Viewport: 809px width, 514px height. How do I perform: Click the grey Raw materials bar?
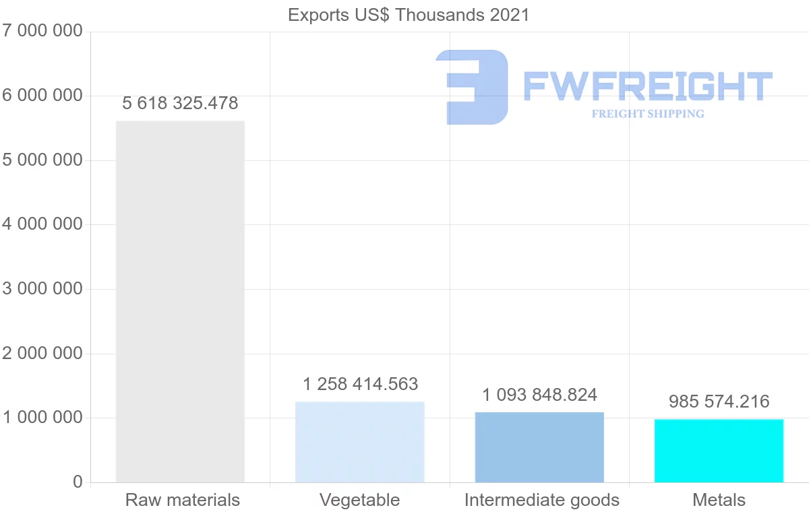coord(180,301)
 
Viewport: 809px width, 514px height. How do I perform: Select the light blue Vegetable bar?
coord(359,442)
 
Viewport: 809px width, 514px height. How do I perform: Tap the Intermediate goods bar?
coord(539,447)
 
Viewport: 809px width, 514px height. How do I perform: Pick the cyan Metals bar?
coord(719,451)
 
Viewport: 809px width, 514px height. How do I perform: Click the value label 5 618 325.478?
coord(180,103)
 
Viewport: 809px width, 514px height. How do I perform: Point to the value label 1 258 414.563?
coord(360,384)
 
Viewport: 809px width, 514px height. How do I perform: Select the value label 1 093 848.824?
coord(539,394)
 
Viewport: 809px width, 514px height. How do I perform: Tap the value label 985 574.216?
coord(719,401)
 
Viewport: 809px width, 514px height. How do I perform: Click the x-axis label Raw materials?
coord(182,500)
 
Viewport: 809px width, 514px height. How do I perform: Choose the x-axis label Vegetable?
coord(359,500)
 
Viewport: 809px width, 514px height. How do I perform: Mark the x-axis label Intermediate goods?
coord(541,500)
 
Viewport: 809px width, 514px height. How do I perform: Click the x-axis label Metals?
coord(719,500)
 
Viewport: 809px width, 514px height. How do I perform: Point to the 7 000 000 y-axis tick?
coord(42,31)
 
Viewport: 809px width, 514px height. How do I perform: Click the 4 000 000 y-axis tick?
coord(42,224)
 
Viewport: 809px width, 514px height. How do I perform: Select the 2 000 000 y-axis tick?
coord(42,353)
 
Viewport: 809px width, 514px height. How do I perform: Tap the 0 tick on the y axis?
coord(78,482)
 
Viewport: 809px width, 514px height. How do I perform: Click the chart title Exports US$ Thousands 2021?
coord(409,15)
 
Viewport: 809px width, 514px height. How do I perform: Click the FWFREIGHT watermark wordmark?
coord(647,87)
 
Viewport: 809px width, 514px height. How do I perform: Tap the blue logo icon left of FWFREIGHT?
coord(472,87)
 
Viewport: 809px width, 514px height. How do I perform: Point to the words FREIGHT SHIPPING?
coord(647,114)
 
